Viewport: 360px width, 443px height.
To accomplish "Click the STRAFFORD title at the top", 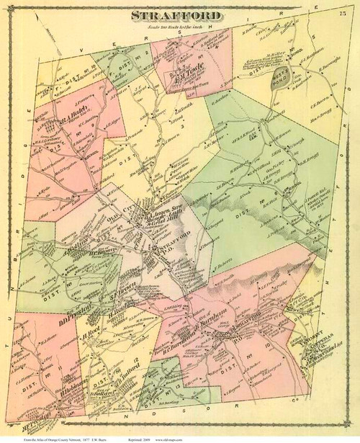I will coord(180,17).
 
